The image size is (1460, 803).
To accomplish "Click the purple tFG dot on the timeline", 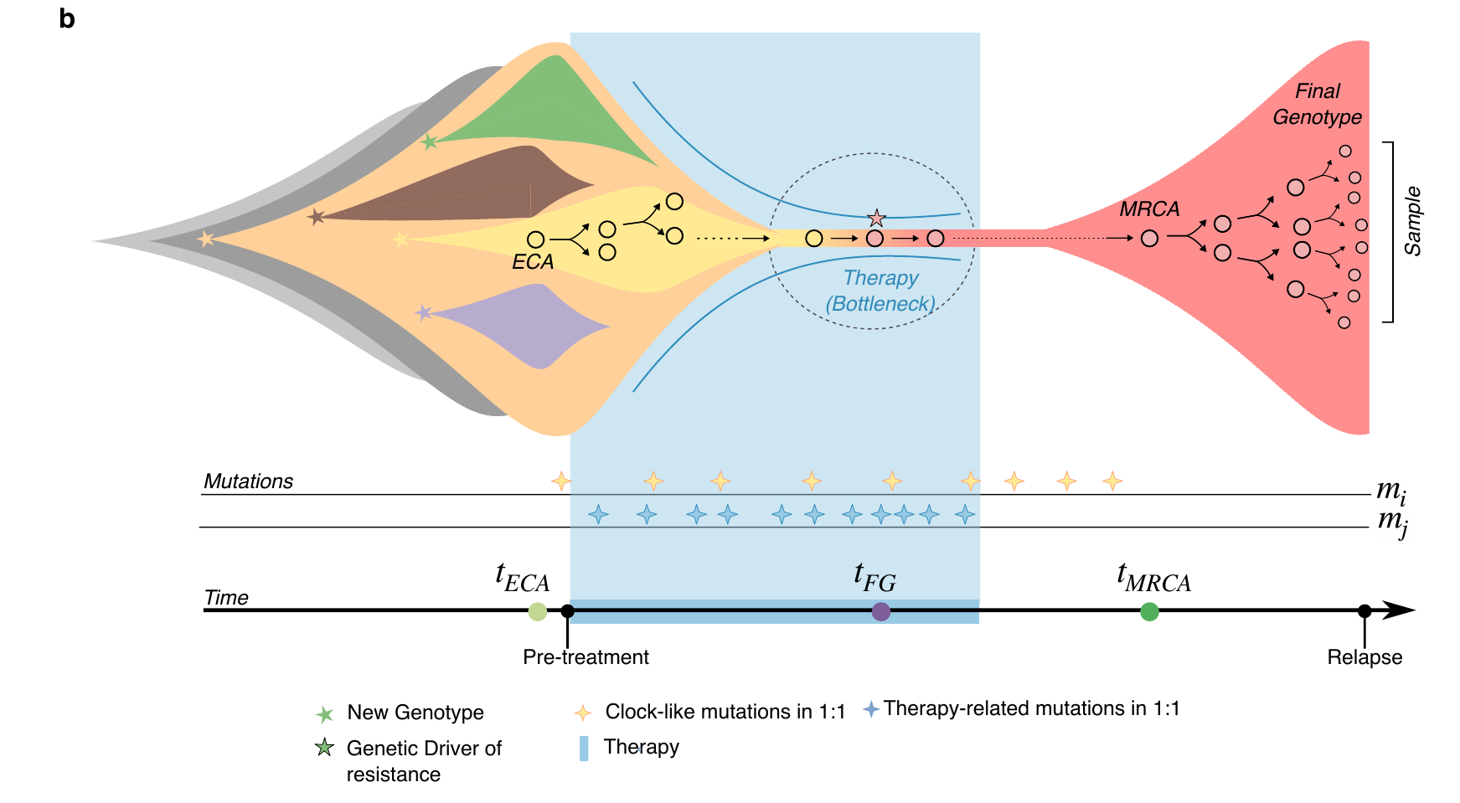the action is [881, 611].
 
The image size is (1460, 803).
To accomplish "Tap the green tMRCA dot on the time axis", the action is [1150, 612].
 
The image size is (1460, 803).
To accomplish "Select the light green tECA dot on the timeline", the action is [538, 611].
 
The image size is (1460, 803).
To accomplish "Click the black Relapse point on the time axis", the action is [1365, 611].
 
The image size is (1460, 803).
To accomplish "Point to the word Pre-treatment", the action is [586, 657].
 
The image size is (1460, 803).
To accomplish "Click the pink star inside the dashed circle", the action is [876, 219].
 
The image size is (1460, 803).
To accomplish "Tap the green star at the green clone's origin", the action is [430, 142].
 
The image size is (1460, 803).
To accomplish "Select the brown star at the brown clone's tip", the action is [316, 217].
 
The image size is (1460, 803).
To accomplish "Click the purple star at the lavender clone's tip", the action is [424, 313].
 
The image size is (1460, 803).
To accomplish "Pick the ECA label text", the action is [533, 262].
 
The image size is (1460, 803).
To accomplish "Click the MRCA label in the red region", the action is [1149, 208].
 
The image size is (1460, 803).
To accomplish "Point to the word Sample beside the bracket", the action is [1413, 221].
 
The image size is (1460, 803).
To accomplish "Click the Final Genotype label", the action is [1318, 104].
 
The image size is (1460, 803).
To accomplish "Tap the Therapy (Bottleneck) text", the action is [880, 291].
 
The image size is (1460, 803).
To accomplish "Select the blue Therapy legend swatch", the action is [584, 748].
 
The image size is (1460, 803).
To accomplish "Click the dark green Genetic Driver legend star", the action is [324, 748].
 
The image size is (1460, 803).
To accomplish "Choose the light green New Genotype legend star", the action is [324, 713].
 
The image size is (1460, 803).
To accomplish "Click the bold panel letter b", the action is [67, 18].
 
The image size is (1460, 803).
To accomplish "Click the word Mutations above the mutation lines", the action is [249, 481].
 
